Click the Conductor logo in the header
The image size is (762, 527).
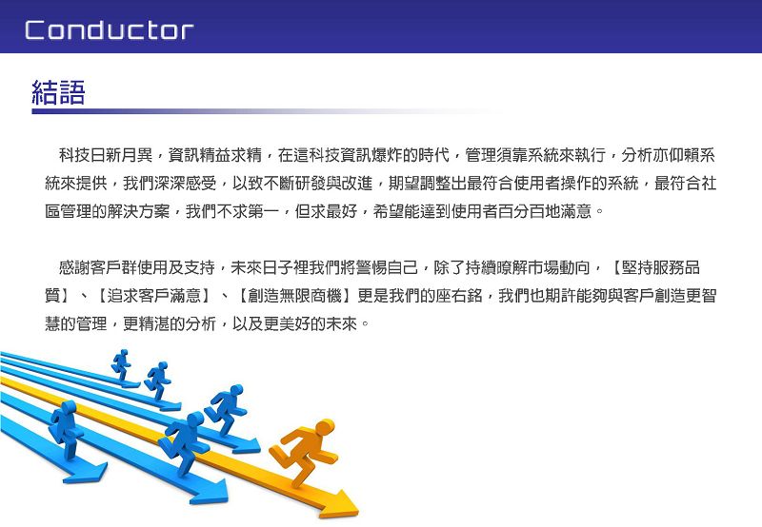click(x=109, y=30)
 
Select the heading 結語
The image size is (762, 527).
click(x=58, y=92)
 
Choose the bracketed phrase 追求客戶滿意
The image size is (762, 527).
click(x=153, y=296)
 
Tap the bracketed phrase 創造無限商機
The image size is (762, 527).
click(x=294, y=296)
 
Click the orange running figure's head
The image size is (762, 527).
click(x=324, y=428)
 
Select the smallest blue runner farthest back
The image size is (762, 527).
click(x=121, y=364)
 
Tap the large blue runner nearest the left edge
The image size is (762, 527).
click(x=66, y=429)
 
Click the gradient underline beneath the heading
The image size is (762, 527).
click(x=268, y=111)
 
